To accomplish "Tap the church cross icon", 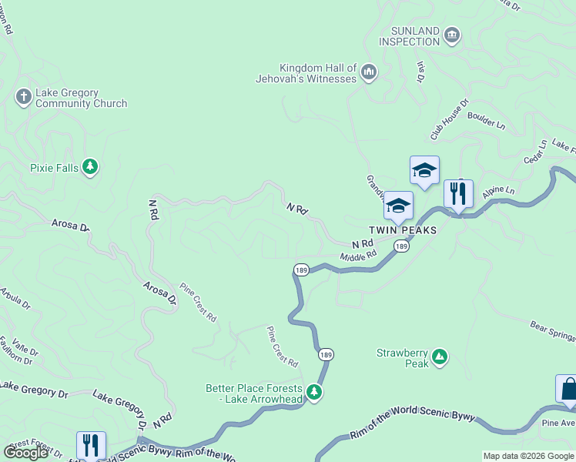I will click(23, 96).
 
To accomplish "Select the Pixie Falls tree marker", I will click(90, 167).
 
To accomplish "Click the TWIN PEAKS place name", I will click(402, 230).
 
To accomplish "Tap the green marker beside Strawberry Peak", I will click(439, 357).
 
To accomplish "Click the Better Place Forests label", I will click(255, 393).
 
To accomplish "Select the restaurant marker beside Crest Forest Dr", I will click(91, 445).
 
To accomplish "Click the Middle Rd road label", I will click(358, 255).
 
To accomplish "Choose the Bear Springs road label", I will click(553, 330).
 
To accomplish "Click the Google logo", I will click(25, 453).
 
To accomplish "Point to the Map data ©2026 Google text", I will click(528, 456).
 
